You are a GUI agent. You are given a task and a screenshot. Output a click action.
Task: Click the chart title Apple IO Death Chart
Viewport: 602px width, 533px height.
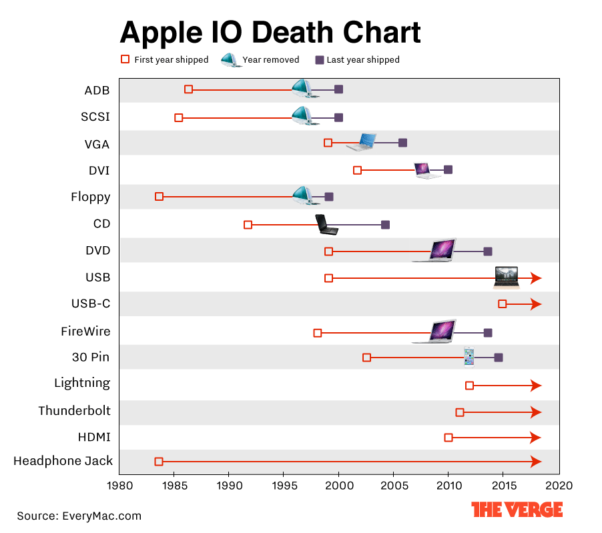pos(270,32)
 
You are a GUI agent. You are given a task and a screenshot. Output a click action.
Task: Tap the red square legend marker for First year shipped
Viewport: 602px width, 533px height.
pos(125,59)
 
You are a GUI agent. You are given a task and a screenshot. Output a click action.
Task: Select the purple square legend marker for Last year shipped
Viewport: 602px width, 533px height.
pos(320,59)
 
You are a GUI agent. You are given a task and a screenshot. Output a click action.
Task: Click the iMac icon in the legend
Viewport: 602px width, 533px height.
pos(230,59)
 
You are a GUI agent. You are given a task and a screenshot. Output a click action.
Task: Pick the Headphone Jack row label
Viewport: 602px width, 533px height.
pos(63,461)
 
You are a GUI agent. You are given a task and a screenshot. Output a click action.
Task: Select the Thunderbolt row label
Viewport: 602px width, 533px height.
pos(74,410)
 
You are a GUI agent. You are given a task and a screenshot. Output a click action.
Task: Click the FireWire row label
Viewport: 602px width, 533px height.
pos(85,331)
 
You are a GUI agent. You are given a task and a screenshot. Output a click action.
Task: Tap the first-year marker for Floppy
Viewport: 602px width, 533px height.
pos(159,197)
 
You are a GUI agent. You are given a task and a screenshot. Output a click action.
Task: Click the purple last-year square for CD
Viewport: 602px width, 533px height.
pos(385,225)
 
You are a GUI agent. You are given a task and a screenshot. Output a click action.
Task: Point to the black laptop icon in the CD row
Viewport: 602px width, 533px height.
pos(326,225)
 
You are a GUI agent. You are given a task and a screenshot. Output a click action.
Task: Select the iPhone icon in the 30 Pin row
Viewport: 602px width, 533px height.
pos(469,356)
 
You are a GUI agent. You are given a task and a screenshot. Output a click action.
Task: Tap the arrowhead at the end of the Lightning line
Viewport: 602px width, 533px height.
pos(535,386)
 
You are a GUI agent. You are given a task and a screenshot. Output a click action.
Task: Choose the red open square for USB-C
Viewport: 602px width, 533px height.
pos(503,304)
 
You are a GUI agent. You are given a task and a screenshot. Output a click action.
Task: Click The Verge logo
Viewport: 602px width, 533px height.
pos(517,510)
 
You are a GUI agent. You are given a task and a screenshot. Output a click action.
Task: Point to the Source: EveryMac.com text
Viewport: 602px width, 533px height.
pos(79,516)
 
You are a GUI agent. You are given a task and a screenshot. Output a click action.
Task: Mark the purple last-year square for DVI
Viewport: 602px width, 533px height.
pos(448,170)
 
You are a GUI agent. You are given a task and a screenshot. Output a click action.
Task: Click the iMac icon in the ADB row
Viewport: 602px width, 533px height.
pos(302,88)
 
